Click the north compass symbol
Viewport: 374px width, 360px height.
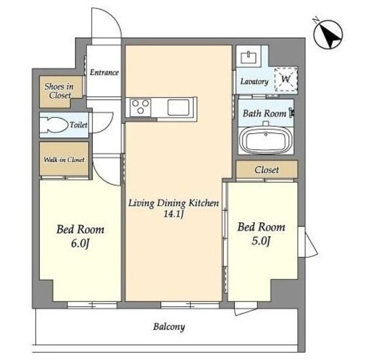(x=328, y=34)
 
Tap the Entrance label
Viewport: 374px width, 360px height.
(x=104, y=72)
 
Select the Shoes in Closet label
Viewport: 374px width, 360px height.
(x=59, y=91)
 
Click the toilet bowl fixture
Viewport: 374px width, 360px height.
(x=54, y=124)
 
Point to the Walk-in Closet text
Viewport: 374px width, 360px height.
(x=64, y=160)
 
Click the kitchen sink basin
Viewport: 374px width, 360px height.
(x=178, y=107)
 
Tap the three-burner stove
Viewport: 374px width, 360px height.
(x=140, y=107)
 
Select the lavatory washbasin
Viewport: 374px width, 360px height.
(x=248, y=57)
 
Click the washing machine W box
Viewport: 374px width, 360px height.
(x=286, y=79)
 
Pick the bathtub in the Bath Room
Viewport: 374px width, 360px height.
(x=266, y=140)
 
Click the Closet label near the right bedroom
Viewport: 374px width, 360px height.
(x=266, y=170)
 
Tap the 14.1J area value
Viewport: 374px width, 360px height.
(x=174, y=214)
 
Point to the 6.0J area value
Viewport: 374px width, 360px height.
(x=80, y=244)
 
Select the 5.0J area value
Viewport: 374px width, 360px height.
(x=261, y=241)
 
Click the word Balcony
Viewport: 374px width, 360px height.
(x=169, y=327)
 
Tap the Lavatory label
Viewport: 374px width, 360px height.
(x=254, y=82)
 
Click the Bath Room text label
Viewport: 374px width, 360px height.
(x=265, y=113)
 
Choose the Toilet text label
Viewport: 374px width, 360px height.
(x=78, y=124)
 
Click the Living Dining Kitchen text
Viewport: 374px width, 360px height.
(x=174, y=203)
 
